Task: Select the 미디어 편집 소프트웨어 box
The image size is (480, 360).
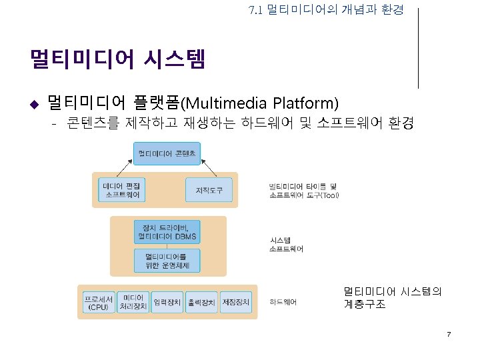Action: point(123,190)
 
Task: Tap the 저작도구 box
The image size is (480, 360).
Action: point(209,190)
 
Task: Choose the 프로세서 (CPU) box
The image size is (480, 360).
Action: point(98,302)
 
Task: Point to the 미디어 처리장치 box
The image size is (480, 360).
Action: point(133,302)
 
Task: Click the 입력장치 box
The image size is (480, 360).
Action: point(167,302)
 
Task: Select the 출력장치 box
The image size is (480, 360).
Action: point(201,302)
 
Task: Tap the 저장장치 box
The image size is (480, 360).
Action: point(235,302)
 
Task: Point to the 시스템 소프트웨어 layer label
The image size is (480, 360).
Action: point(286,244)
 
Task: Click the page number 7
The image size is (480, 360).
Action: point(449,333)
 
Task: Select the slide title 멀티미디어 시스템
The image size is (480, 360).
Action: point(117,59)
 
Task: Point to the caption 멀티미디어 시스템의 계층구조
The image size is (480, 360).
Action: point(393,297)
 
